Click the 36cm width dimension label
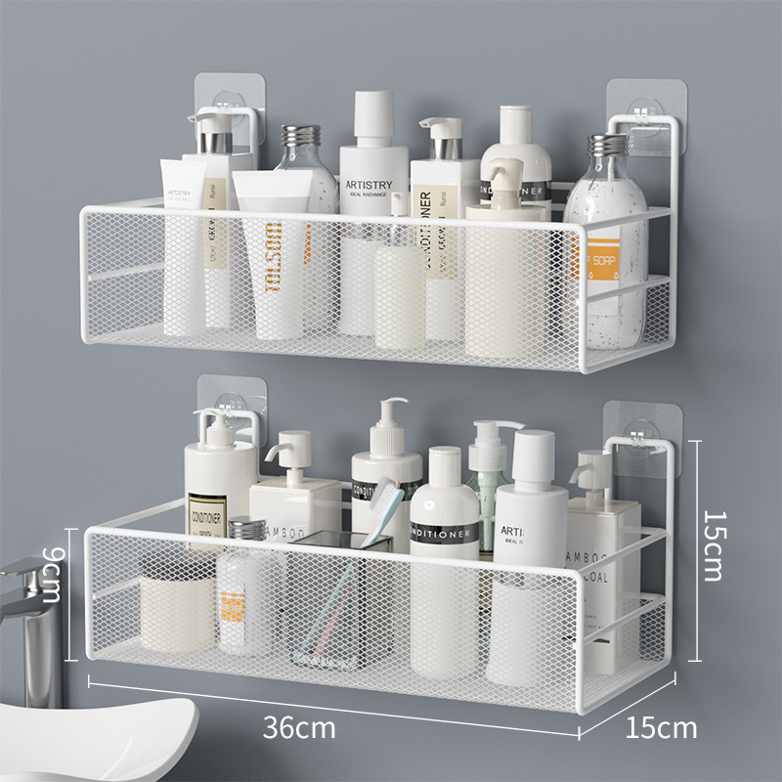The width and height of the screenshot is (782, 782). tap(299, 727)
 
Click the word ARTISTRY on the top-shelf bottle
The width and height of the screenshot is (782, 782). tap(368, 185)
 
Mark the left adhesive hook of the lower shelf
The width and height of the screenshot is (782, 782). tap(228, 401)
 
